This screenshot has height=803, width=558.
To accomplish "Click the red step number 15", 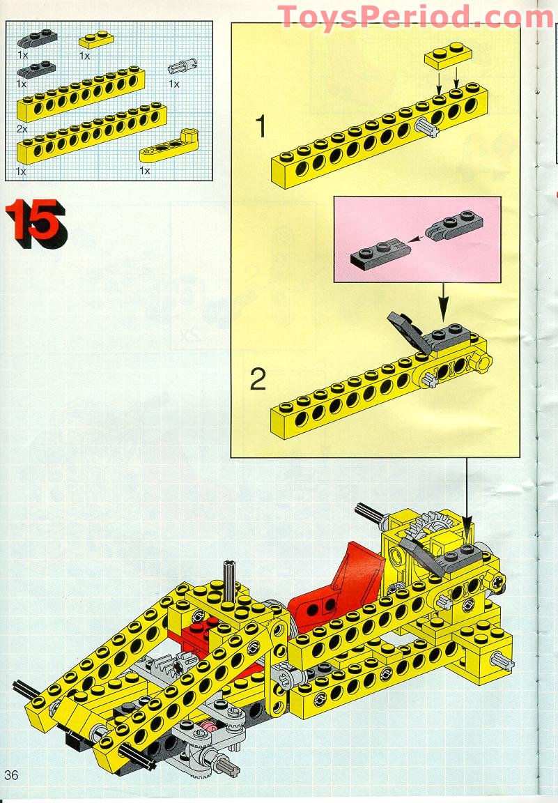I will [x=36, y=222].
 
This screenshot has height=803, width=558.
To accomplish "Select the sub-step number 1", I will [x=261, y=128].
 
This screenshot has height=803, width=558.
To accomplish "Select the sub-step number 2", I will [x=258, y=381].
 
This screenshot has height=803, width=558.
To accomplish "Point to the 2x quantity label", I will [x=23, y=129].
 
